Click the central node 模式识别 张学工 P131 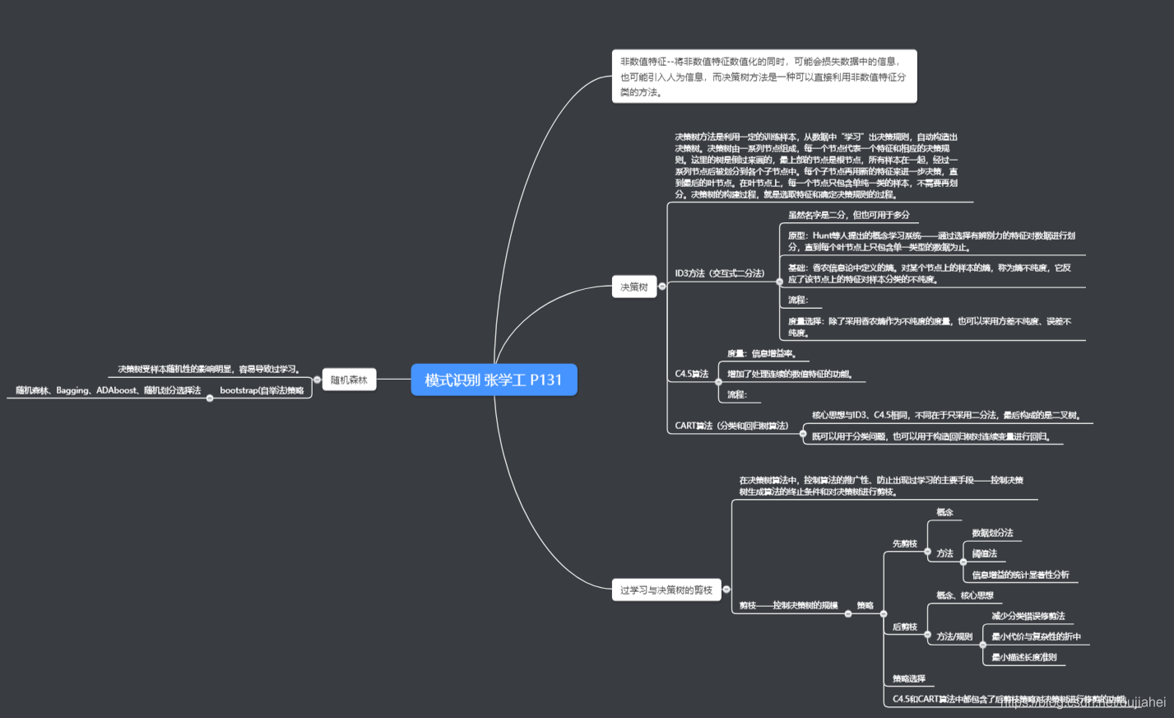(x=494, y=380)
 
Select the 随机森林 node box (x=349, y=380)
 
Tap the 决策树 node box (x=633, y=287)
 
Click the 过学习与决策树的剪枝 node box (x=666, y=590)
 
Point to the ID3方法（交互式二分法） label (x=719, y=273)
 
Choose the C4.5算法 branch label (x=691, y=374)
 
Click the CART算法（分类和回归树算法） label (x=731, y=426)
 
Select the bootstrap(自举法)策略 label (x=262, y=390)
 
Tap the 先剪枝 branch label (x=904, y=543)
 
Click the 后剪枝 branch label (x=904, y=627)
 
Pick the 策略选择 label (x=908, y=678)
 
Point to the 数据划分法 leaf (x=992, y=533)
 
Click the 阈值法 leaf (x=984, y=553)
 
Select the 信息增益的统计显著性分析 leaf (x=1020, y=575)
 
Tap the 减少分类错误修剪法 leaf (x=1028, y=616)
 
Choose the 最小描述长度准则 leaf (x=1023, y=657)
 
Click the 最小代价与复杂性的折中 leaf (x=1036, y=636)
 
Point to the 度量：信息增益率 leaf (x=761, y=353)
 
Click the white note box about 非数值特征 (x=763, y=76)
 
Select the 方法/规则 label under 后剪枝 (x=954, y=636)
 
